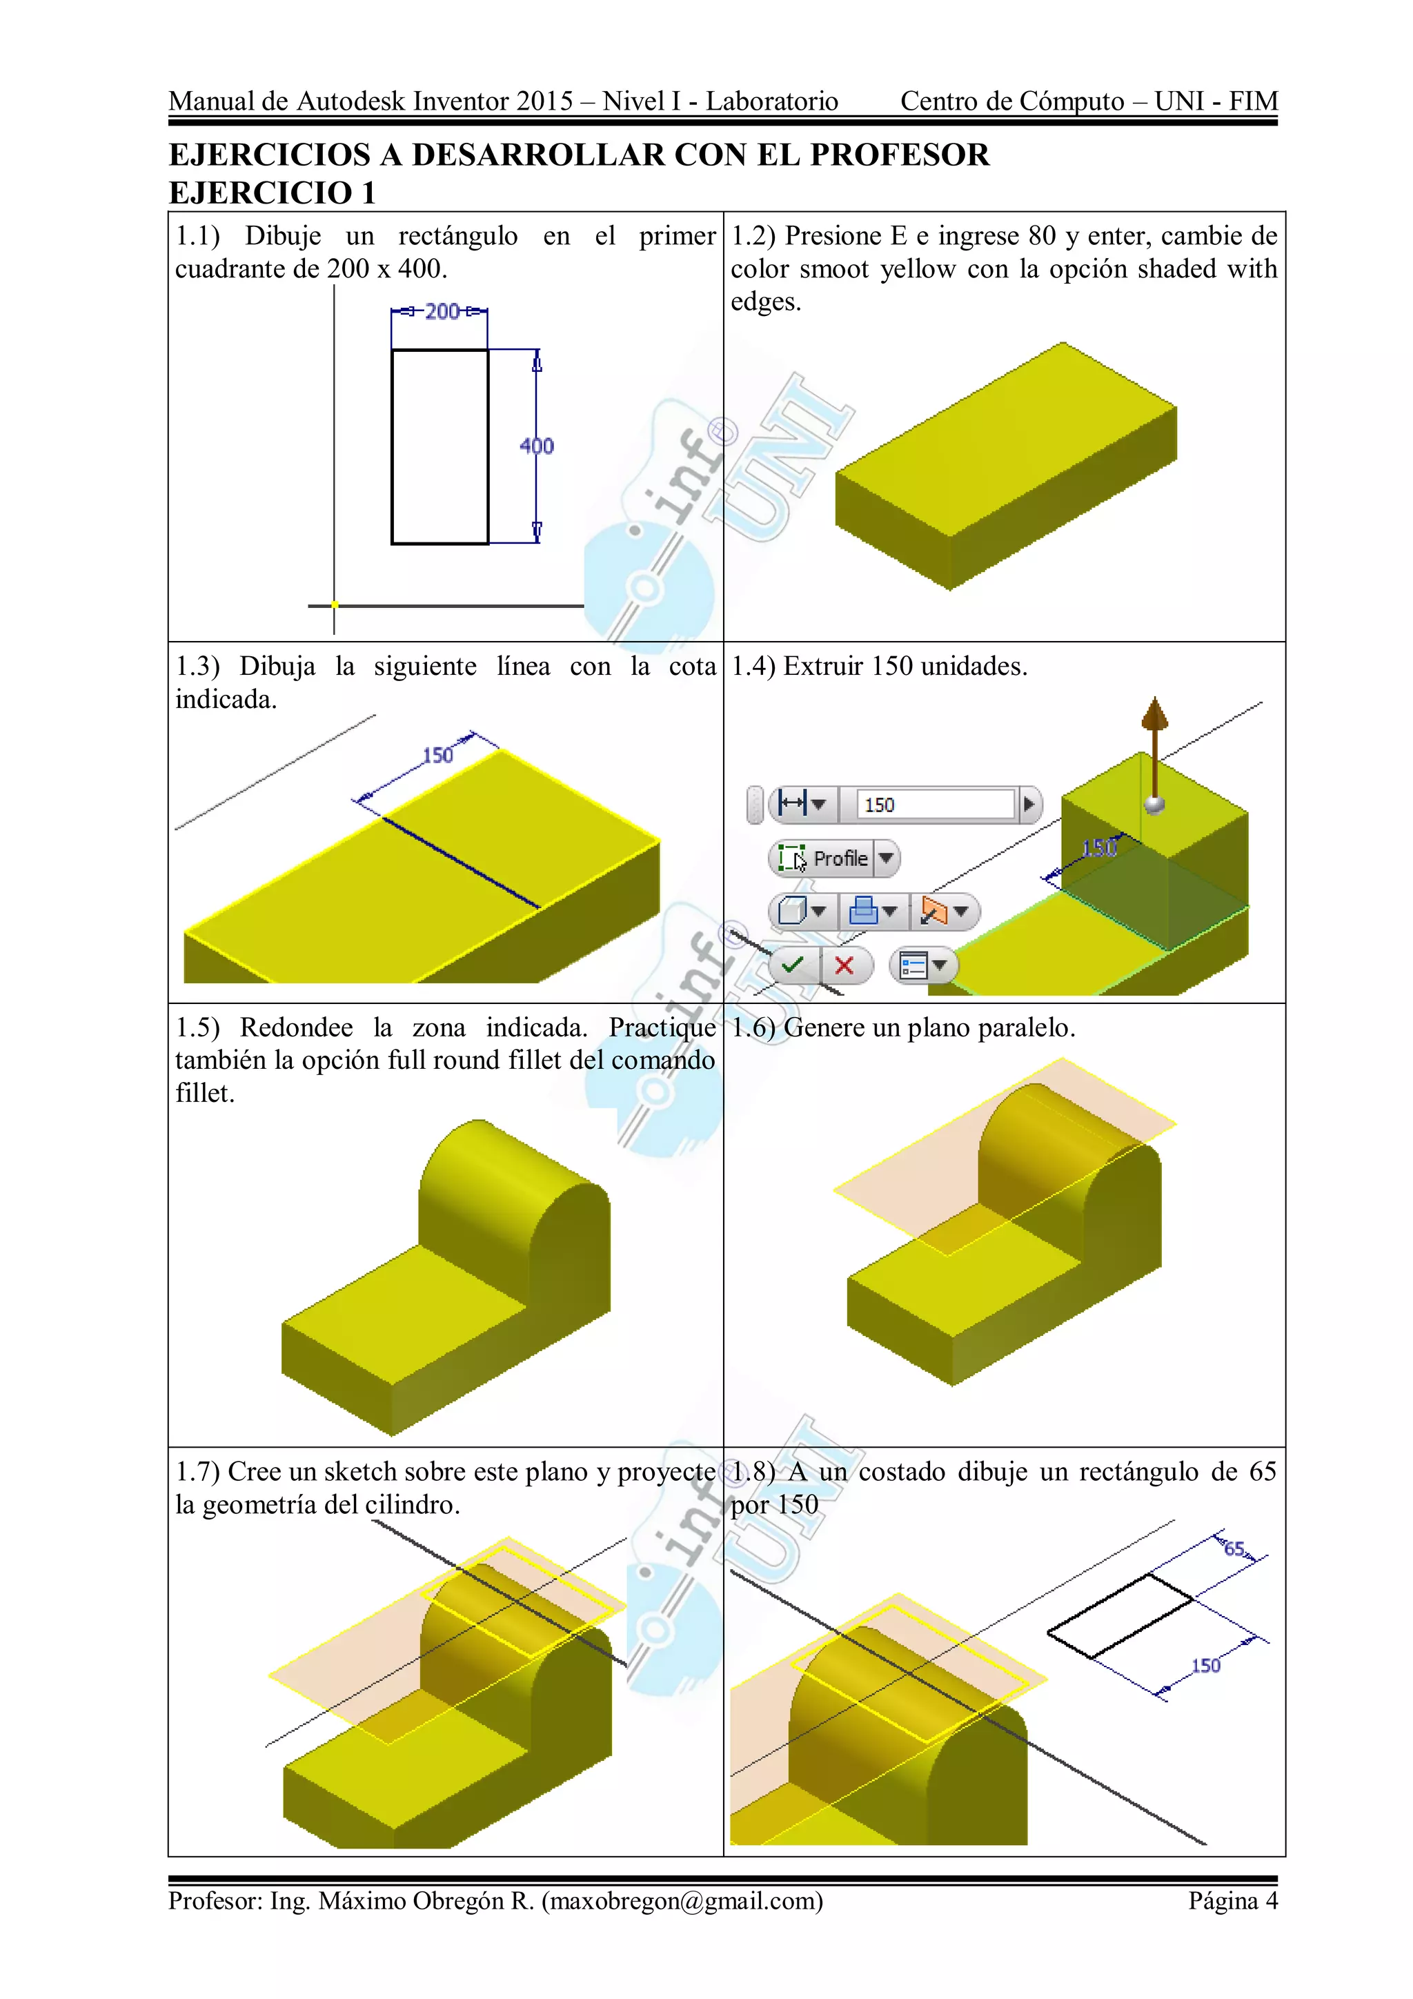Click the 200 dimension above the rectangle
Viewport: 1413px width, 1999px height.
(442, 312)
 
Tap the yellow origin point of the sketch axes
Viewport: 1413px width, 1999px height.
(335, 605)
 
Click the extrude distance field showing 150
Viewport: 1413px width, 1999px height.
(935, 805)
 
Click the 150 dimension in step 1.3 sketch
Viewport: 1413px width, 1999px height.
(438, 755)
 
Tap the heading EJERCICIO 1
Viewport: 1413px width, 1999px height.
(272, 193)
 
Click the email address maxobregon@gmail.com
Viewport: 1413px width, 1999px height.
(682, 1900)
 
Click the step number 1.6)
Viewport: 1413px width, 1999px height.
(753, 1027)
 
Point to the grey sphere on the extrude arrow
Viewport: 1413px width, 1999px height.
(1155, 804)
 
